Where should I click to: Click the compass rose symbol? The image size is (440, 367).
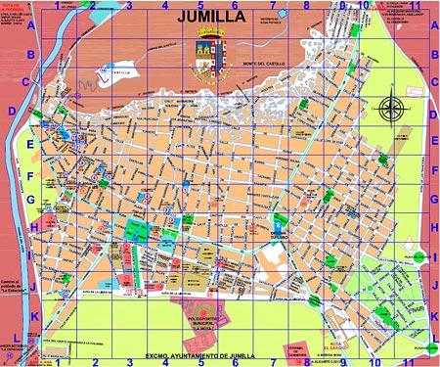tap(394, 110)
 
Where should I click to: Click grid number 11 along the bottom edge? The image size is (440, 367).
tap(415, 361)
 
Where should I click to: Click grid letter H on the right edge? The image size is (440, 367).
tap(431, 227)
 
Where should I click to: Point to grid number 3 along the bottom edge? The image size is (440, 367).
tap(128, 361)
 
